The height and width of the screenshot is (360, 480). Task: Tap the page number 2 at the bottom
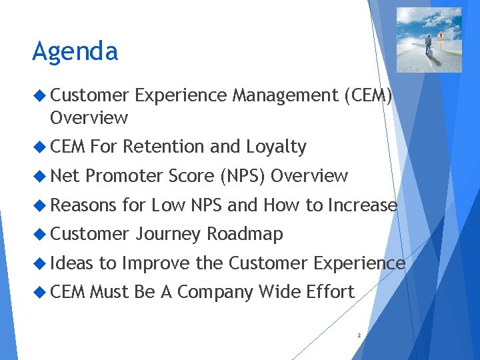[x=359, y=335]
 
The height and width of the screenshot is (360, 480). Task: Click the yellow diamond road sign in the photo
[x=441, y=35]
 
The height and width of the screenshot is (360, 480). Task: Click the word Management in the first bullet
[x=285, y=95]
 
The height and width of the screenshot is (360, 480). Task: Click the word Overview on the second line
[x=88, y=117]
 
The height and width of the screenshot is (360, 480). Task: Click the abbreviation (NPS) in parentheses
[x=243, y=176]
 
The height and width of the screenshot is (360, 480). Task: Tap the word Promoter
[x=124, y=176]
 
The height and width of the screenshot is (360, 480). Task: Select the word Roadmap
[x=245, y=234]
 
